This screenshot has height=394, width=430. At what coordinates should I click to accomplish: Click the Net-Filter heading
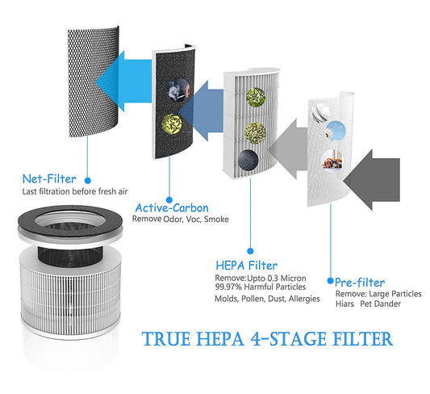coord(49,179)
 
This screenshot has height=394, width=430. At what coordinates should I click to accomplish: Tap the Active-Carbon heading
coord(172,208)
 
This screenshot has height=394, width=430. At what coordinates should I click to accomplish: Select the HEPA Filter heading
coord(247,266)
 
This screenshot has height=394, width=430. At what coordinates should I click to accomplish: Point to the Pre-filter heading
coord(360,283)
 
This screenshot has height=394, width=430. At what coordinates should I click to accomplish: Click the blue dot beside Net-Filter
coord(88,181)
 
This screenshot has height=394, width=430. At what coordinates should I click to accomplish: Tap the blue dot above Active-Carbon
coord(169,200)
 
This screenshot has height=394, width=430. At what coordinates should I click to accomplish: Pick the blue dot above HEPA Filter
coord(250,251)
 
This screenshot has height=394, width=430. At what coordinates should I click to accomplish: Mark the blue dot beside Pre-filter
coord(331,281)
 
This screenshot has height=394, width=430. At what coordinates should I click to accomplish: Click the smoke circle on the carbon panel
coord(178,90)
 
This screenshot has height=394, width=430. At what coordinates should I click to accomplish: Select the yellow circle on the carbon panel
coord(172,124)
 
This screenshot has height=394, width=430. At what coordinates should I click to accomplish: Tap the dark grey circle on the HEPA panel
coord(248,160)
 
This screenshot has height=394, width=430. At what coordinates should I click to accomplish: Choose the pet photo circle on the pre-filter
coord(332,160)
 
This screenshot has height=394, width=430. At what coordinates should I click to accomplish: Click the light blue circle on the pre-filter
coord(336,131)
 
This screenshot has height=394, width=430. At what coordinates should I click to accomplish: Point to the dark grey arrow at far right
coord(372,180)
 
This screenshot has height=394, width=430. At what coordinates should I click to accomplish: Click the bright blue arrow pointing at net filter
coord(123,82)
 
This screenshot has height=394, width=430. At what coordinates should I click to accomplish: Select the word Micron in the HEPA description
coord(294,279)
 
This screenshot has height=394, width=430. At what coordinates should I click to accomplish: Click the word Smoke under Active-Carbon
coord(216,220)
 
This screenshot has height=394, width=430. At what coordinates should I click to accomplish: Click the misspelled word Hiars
coord(344,304)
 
